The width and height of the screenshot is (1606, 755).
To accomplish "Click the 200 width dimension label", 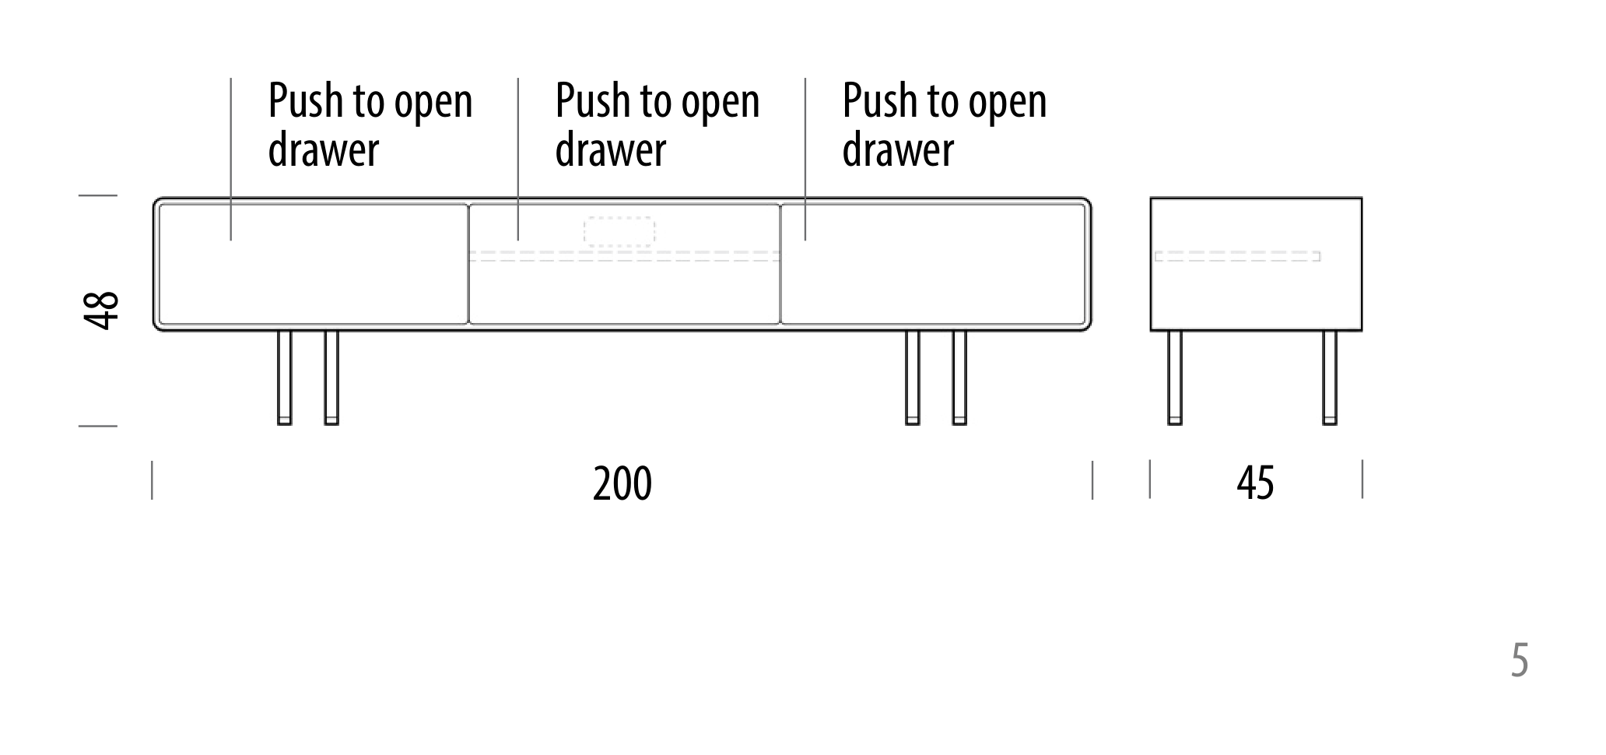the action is (622, 483).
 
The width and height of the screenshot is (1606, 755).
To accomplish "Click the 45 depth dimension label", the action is (1255, 483).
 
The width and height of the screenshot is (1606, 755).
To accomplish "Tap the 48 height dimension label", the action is (101, 311).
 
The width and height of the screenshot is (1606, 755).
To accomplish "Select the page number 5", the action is (1520, 661).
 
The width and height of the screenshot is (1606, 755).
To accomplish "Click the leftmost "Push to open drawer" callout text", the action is (370, 125).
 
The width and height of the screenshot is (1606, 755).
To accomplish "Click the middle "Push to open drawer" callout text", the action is (657, 125).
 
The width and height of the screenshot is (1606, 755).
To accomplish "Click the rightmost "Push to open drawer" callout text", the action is (945, 125).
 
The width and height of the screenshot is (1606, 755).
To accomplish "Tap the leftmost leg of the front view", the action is (285, 378).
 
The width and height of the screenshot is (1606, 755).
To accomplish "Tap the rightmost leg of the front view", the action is (959, 378).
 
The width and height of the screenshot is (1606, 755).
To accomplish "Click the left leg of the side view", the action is (1175, 378).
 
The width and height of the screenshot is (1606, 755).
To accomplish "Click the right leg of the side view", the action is (1330, 378).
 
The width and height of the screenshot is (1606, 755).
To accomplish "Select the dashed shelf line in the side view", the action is (1237, 256).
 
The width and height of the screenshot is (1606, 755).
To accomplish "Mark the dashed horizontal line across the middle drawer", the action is (624, 256).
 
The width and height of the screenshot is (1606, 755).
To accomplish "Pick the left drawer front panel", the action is (313, 264).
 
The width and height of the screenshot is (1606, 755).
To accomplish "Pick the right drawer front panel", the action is (933, 264).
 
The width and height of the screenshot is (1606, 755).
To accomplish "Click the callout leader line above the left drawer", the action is (230, 159).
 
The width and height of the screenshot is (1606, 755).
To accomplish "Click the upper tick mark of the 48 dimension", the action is (98, 195).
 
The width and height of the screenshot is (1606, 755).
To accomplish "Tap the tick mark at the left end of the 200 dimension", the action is (152, 479).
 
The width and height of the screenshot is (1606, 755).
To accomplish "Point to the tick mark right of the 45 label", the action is (1362, 479).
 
